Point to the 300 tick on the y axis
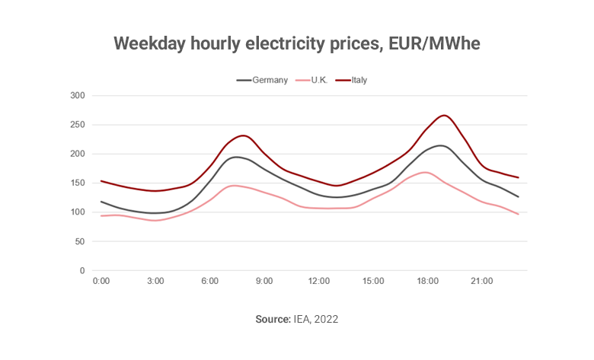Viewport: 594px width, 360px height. click(x=77, y=96)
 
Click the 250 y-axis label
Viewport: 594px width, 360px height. click(x=77, y=125)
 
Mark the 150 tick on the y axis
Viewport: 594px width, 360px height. click(x=77, y=183)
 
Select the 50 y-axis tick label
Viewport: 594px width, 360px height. click(x=79, y=242)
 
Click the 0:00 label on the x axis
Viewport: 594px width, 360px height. click(x=101, y=282)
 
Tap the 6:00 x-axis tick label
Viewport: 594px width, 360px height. click(x=209, y=282)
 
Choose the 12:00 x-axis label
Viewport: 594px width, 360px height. click(x=318, y=282)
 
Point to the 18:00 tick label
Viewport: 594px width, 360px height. click(x=427, y=282)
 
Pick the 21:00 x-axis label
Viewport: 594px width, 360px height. click(x=482, y=282)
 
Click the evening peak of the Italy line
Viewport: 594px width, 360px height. click(x=445, y=116)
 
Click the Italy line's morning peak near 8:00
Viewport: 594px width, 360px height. click(x=242, y=136)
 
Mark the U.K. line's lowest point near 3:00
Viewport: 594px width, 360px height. click(x=155, y=221)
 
